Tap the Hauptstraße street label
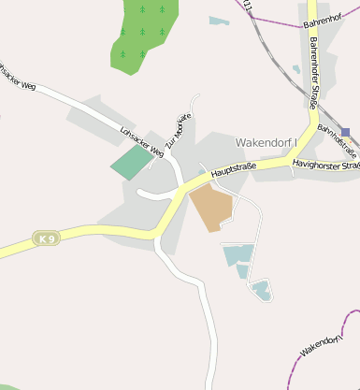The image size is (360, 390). tap(233, 168)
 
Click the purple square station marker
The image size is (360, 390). tap(346, 133)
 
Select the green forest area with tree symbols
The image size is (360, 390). tap(143, 34)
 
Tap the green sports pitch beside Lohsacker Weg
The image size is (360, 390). tap(131, 164)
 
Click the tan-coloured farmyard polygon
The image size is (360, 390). tap(213, 207)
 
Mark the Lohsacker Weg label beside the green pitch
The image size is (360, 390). tap(142, 141)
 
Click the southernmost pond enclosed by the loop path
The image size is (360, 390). tap(261, 290)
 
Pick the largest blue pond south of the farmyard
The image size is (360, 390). tap(238, 253)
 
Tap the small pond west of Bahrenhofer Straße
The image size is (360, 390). tap(296, 69)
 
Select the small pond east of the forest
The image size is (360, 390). tap(219, 21)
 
